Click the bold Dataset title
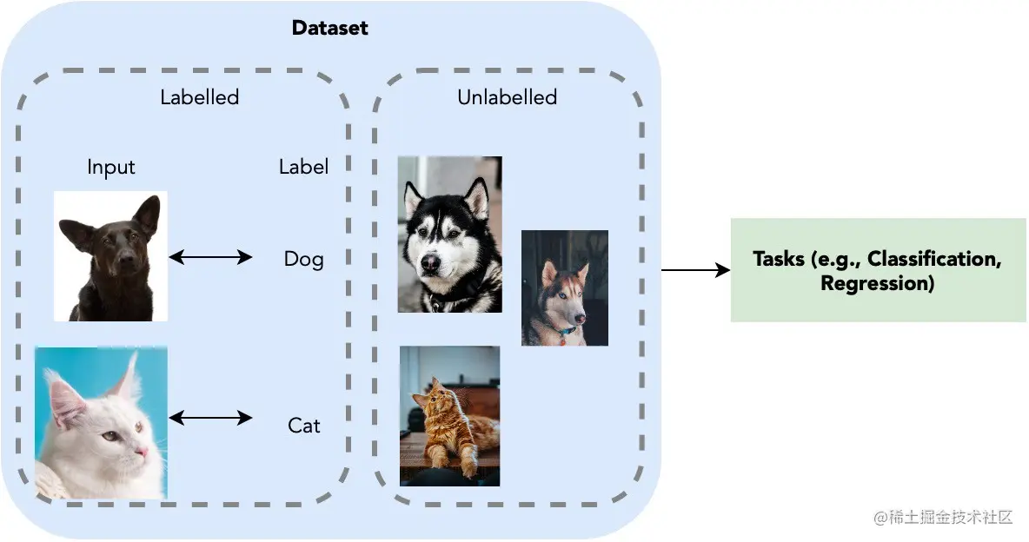tap(329, 28)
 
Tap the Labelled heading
tap(199, 97)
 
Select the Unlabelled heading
tap(507, 97)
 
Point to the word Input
tap(111, 167)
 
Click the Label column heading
tap(303, 167)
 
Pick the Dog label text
tap(303, 259)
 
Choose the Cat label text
tap(303, 426)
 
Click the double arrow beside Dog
tap(210, 257)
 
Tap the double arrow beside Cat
tap(210, 419)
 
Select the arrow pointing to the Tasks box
tap(695, 270)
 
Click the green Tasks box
tap(878, 270)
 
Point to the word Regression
tap(877, 283)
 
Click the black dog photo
tap(110, 256)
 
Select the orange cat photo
tap(449, 416)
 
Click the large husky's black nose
tap(429, 261)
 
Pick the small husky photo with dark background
tap(564, 288)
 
